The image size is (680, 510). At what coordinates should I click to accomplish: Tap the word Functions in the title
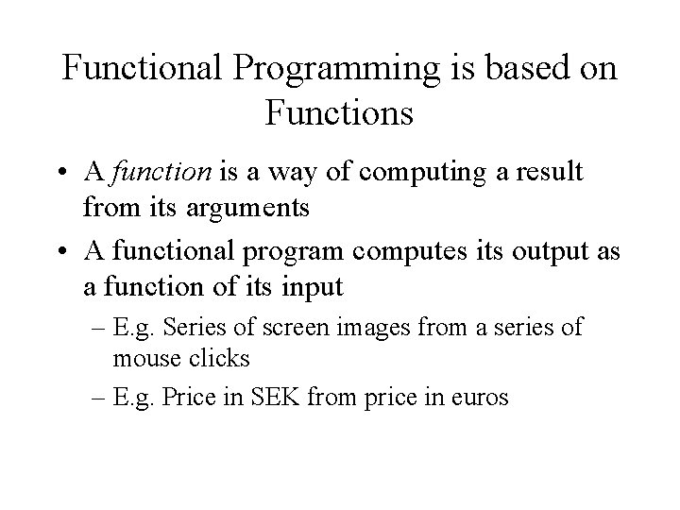tap(340, 114)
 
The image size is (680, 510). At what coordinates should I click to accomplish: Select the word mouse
tap(142, 359)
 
